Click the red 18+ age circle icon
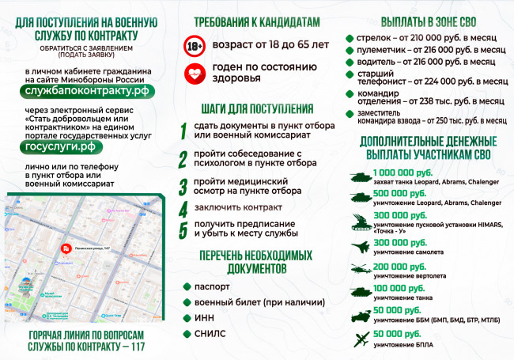pyautogui.click(x=194, y=45)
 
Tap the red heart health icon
pyautogui.click(x=194, y=74)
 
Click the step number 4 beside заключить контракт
pyautogui.click(x=183, y=210)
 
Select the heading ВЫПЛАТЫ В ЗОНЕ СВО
pyautogui.click(x=426, y=23)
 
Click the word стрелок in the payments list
pyautogui.click(x=372, y=37)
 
